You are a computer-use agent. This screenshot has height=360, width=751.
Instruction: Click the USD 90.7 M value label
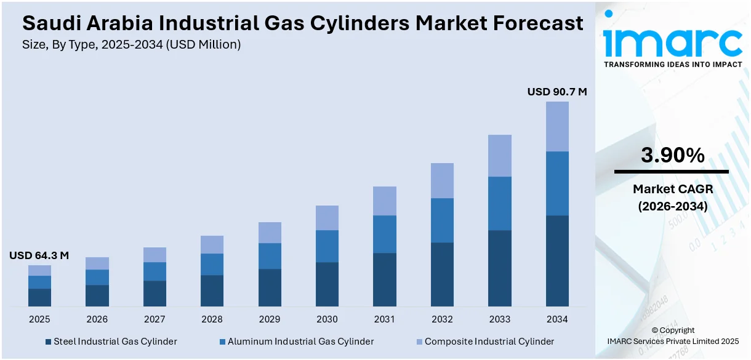tap(556, 92)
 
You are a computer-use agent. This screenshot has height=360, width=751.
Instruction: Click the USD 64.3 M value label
tap(39, 255)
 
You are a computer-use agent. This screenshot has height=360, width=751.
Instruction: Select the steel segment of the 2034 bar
tap(557, 260)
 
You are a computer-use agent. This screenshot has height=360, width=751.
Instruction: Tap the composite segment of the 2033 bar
tap(499, 156)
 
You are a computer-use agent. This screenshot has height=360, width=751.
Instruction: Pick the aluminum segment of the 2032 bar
tap(442, 220)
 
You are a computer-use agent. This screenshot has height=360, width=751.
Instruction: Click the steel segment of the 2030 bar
tap(327, 284)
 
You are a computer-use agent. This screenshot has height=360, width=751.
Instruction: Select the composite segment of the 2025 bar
tap(39, 270)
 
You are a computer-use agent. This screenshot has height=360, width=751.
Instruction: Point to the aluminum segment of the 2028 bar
tap(212, 264)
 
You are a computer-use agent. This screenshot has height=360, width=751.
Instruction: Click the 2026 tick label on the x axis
tap(97, 319)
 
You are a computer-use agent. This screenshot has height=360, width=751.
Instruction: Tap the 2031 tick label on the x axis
tap(385, 319)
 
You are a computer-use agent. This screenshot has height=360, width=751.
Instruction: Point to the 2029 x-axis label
tap(270, 319)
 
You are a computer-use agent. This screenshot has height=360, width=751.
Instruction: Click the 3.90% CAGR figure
tap(672, 156)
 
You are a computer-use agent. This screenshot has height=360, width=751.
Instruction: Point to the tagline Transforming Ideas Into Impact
tap(672, 64)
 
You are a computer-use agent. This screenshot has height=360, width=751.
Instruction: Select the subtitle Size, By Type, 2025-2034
tap(131, 44)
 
